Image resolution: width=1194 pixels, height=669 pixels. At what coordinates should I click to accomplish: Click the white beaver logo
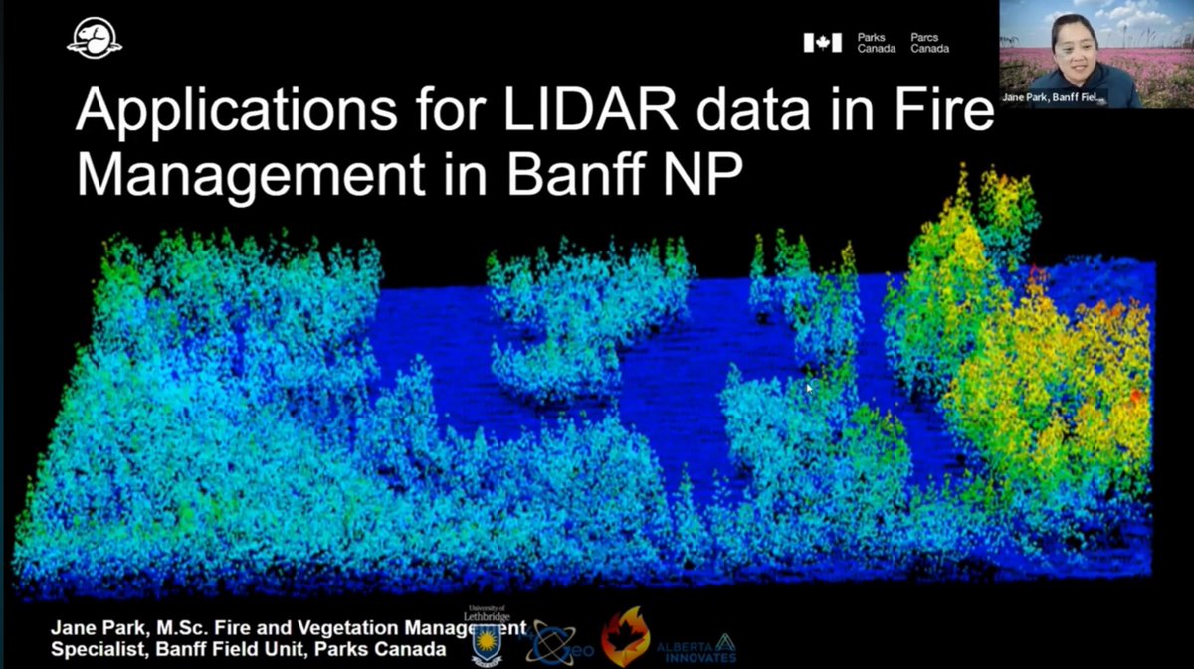pos(95,41)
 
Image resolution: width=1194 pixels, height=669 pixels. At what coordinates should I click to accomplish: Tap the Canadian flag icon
pos(822,42)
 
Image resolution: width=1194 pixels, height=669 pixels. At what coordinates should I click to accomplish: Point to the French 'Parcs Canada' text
pos(929,42)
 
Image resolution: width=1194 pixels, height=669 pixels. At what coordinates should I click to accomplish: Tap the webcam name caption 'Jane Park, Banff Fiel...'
pos(1068,99)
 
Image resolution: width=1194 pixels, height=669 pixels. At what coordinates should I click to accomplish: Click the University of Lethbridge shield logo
pos(488,641)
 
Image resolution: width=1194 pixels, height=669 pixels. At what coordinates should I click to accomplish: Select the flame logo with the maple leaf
pos(625,637)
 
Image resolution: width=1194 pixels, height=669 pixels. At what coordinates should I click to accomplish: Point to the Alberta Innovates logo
pos(696,647)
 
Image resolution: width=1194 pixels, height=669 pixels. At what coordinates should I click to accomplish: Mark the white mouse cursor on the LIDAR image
pos(809,386)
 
